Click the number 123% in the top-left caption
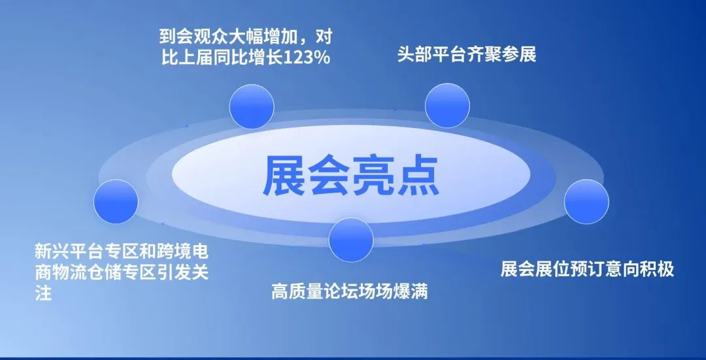304,57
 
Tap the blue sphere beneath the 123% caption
252,105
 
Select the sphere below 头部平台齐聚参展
447,105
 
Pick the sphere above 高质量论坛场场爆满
351,239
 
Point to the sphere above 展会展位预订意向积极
586,201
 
